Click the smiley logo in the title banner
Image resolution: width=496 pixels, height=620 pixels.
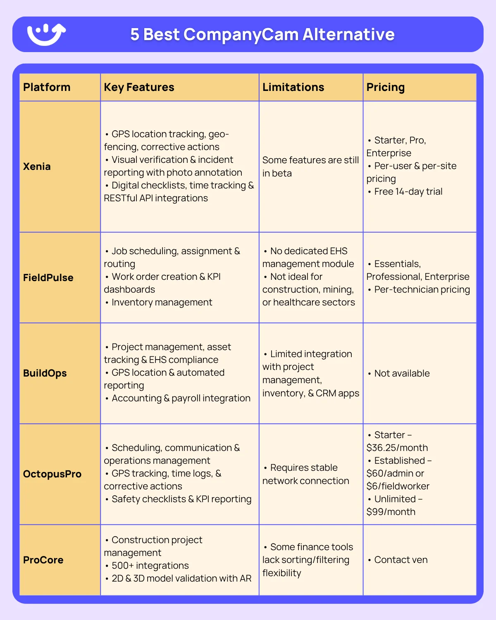[x=46, y=34]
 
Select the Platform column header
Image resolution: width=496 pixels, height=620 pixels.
[x=47, y=87]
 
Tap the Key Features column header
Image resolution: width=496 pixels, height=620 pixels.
[x=139, y=87]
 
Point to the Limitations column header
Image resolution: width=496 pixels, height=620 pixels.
[x=293, y=87]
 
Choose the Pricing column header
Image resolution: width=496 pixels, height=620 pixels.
[x=385, y=87]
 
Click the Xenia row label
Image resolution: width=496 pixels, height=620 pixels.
[x=37, y=167]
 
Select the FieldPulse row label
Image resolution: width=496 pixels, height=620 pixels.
[x=48, y=278]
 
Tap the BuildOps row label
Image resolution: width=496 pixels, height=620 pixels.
[x=45, y=373]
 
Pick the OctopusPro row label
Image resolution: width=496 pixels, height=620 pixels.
[x=52, y=474]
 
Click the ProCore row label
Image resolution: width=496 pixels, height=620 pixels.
[x=43, y=560]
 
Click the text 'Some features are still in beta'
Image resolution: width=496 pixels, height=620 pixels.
[x=310, y=167]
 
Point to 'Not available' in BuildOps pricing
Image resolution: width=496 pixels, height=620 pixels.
[x=401, y=373]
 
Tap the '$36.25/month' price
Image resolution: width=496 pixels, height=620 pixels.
[x=397, y=448]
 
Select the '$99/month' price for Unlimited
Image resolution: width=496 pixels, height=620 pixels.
[x=391, y=512]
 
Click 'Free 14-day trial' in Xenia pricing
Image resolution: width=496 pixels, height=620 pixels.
[x=408, y=191]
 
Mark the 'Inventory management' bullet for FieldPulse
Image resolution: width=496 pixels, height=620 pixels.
[x=162, y=302]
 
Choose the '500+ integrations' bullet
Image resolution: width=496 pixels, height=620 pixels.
[x=150, y=565]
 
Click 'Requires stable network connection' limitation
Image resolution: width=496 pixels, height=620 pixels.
[x=306, y=474]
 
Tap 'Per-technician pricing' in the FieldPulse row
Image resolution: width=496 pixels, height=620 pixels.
[x=422, y=289]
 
